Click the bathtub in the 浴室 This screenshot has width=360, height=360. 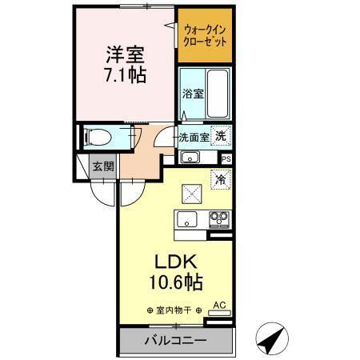[x=218, y=93]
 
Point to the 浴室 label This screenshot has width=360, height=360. [x=192, y=94]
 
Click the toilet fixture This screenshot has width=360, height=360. [x=95, y=137]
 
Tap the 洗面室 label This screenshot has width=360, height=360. [x=194, y=138]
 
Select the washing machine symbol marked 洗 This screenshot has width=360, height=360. [x=220, y=136]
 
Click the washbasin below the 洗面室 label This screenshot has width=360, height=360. [x=191, y=156]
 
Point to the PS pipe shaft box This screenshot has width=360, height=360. [x=226, y=158]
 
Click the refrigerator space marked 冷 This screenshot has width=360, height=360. [x=219, y=181]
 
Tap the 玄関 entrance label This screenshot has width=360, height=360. [x=103, y=166]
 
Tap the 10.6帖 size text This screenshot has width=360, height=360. [x=174, y=282]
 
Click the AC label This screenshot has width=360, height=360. [x=219, y=305]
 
